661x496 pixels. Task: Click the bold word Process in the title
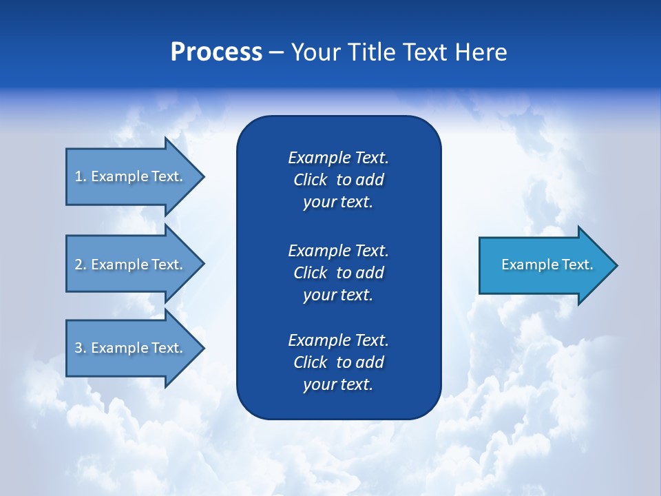click(216, 52)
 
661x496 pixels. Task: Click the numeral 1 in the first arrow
click(78, 176)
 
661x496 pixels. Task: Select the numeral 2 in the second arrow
click(78, 265)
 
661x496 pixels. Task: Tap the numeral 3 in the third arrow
click(78, 348)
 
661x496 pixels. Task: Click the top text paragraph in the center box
click(338, 180)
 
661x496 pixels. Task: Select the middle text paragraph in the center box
click(338, 273)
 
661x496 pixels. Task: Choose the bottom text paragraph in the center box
click(338, 362)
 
